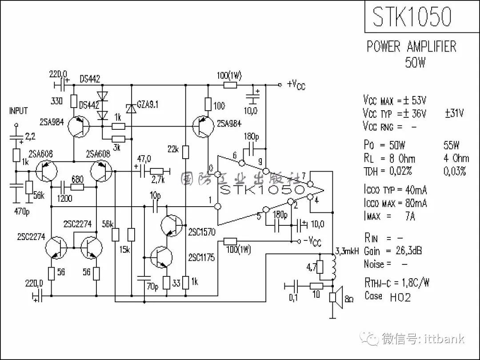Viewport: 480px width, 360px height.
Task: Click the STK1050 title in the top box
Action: click(x=412, y=17)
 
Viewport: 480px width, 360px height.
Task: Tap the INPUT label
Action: click(x=19, y=111)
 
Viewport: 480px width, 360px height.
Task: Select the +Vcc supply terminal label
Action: click(x=296, y=84)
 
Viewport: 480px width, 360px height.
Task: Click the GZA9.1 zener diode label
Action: click(x=148, y=104)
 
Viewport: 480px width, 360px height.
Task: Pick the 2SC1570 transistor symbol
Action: click(x=171, y=225)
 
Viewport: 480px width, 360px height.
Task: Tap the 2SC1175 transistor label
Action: click(x=201, y=257)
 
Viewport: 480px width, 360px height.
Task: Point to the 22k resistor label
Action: click(x=173, y=149)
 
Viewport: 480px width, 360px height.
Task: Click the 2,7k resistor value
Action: click(x=157, y=180)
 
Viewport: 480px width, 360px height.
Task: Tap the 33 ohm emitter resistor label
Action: click(x=176, y=282)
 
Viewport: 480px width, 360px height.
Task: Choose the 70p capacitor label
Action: click(x=152, y=287)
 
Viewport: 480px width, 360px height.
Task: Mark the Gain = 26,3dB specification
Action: click(x=393, y=251)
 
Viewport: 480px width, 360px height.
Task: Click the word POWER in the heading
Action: click(x=384, y=46)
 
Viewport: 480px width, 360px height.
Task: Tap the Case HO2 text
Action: click(x=388, y=296)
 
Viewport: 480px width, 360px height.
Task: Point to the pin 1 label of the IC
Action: click(x=210, y=200)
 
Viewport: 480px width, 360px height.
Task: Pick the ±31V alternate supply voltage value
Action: click(x=454, y=113)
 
